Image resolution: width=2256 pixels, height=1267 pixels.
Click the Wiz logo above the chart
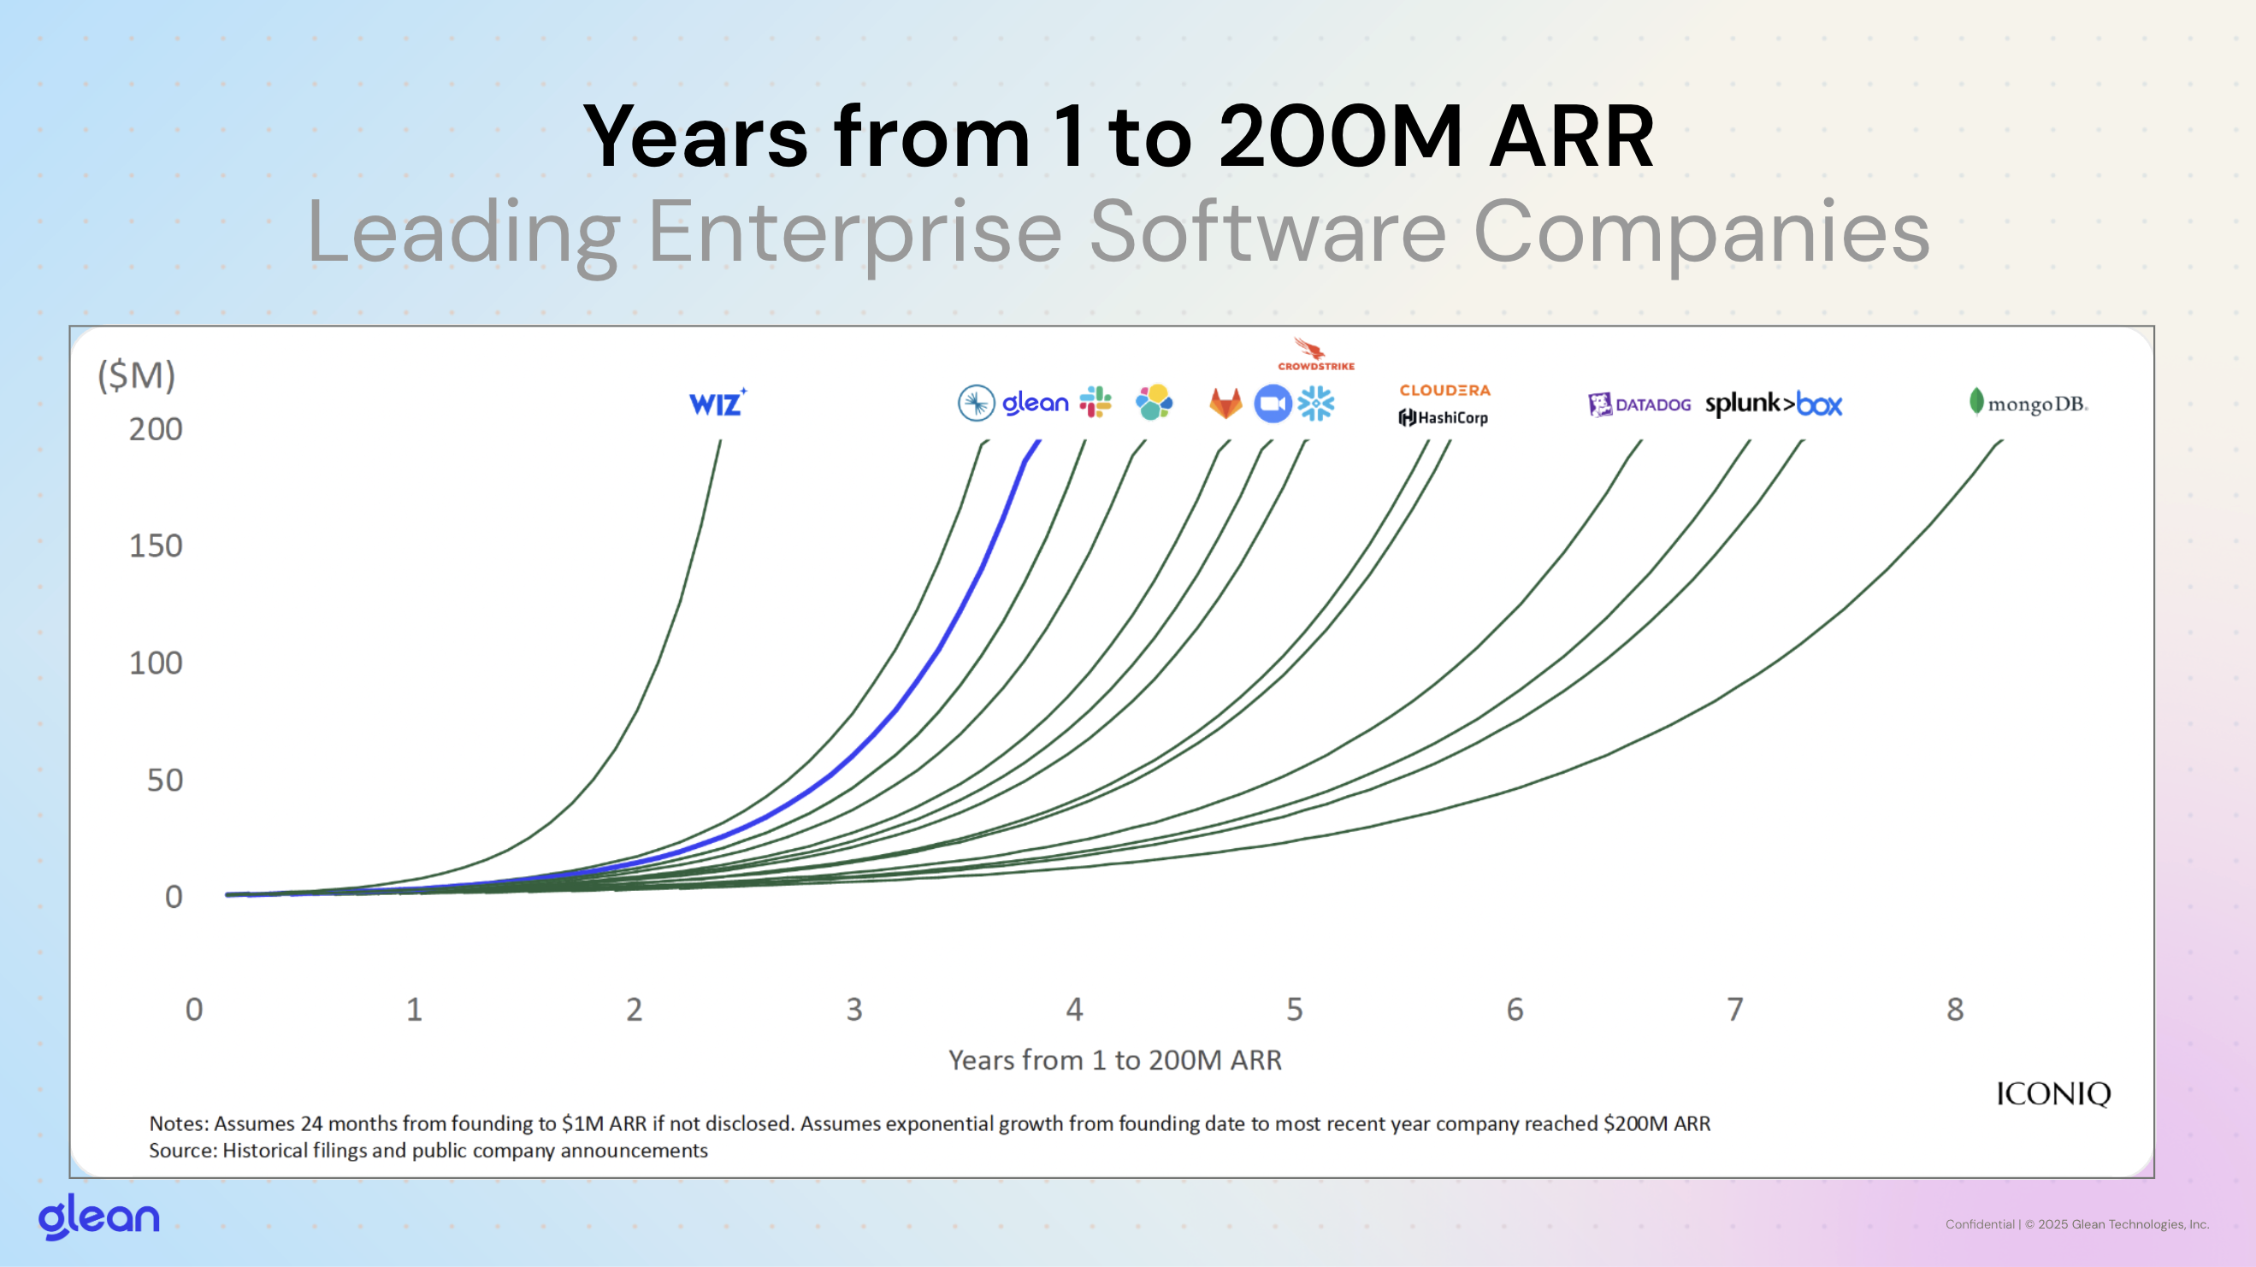718,403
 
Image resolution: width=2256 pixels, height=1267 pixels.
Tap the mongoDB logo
2029,403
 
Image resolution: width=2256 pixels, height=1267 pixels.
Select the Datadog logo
1639,404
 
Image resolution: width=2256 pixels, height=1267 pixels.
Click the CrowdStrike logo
1315,355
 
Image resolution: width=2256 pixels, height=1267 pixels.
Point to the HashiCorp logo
1444,418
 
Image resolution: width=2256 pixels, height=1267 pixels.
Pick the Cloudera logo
1444,391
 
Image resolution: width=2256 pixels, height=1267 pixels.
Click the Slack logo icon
1095,402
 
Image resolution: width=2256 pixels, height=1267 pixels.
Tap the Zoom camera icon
1273,404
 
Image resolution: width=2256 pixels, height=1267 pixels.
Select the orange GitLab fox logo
1225,404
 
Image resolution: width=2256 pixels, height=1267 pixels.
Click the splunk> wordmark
1749,404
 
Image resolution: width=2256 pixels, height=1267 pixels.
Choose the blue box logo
1819,404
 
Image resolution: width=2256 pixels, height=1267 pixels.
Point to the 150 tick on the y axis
156,546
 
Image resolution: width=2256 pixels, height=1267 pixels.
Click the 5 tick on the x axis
1295,1010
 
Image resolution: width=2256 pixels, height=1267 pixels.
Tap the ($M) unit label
137,375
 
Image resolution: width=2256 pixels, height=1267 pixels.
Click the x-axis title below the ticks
1115,1060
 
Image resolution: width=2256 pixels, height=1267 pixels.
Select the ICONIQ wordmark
2052,1093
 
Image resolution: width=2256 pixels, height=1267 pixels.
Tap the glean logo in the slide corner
99,1217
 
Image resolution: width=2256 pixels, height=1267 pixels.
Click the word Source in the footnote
181,1151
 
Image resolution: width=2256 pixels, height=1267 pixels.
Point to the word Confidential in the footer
1979,1224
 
